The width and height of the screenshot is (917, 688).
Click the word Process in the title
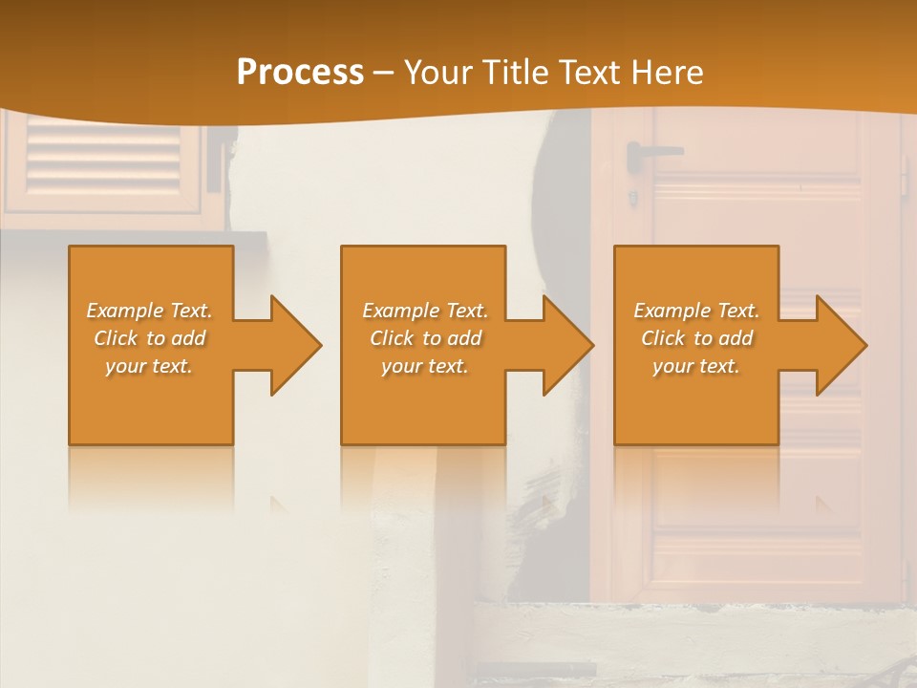tap(300, 73)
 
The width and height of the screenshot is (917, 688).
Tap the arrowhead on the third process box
tap(840, 346)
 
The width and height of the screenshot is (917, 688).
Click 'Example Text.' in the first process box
tap(149, 311)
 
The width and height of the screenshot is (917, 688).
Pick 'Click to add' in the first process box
tap(149, 338)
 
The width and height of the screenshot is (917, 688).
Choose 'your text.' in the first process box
tap(149, 366)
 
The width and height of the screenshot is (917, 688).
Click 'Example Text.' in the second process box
tap(425, 311)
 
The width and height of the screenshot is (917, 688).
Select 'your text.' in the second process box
tap(425, 366)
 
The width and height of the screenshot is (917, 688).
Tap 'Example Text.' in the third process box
tap(696, 311)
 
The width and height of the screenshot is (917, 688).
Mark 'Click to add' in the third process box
tap(696, 338)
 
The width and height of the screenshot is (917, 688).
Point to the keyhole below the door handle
tap(632, 198)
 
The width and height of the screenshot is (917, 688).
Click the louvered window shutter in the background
tap(102, 158)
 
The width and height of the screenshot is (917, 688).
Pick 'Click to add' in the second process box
tap(425, 338)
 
